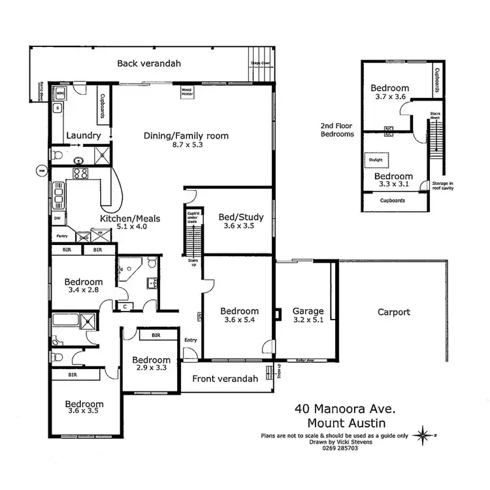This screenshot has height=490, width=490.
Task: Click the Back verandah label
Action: tap(148, 63)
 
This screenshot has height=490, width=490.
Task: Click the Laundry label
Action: tap(84, 136)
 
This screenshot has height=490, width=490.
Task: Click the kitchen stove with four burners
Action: tap(81, 174)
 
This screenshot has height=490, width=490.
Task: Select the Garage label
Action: tap(308, 312)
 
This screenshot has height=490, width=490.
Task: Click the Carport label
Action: tap(394, 312)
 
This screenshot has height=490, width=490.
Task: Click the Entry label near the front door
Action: tap(190, 340)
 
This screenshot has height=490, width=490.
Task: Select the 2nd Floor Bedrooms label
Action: tap(337, 129)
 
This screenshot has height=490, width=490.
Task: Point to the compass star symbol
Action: tap(425, 433)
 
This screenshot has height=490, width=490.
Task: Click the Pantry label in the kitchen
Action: tap(62, 236)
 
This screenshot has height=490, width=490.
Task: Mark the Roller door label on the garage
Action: tap(305, 360)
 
